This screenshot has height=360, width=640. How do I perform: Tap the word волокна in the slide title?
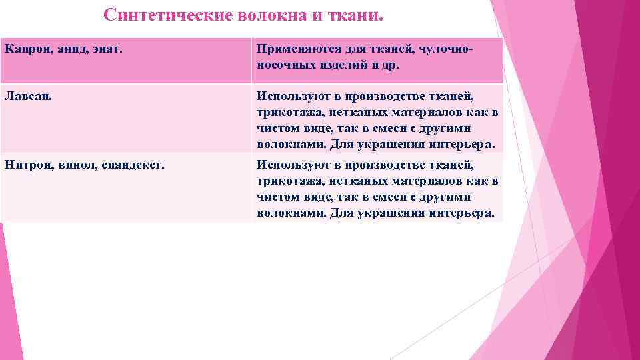click(x=271, y=15)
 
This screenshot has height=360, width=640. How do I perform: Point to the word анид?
click(x=63, y=49)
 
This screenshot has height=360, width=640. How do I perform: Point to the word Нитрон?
click(x=25, y=165)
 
